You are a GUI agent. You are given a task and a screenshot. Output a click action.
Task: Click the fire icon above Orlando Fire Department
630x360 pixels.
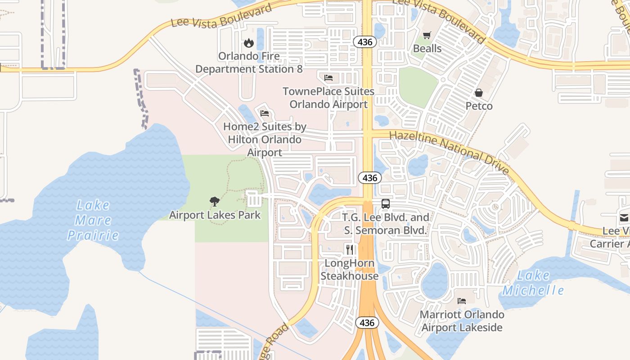pyautogui.click(x=248, y=43)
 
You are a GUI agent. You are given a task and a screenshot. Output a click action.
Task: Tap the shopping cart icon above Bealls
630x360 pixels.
pyautogui.click(x=427, y=35)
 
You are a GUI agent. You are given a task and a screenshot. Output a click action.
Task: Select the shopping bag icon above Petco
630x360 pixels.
pyautogui.click(x=479, y=93)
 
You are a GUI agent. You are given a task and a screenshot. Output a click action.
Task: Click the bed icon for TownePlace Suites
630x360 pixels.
pyautogui.click(x=328, y=78)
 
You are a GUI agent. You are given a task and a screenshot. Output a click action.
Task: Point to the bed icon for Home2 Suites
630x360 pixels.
pyautogui.click(x=265, y=113)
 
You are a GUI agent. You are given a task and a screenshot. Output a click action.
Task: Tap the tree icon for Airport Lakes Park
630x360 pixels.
pyautogui.click(x=215, y=202)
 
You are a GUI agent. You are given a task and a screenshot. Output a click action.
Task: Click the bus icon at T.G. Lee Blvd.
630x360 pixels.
pyautogui.click(x=386, y=203)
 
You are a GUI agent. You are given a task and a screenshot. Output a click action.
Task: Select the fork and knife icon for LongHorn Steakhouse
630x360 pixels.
pyautogui.click(x=349, y=249)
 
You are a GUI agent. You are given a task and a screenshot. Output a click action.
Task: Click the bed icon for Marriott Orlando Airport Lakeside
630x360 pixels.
pyautogui.click(x=462, y=301)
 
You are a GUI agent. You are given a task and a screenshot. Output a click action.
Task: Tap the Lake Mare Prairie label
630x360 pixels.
pyautogui.click(x=93, y=220)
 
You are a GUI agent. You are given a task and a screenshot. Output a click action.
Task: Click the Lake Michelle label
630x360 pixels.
pyautogui.click(x=533, y=283)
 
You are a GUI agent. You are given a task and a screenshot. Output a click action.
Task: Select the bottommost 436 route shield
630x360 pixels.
pyautogui.click(x=367, y=323)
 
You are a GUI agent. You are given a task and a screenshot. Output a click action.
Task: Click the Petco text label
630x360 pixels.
pyautogui.click(x=479, y=106)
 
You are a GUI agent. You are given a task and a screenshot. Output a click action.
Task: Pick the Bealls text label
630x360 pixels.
pyautogui.click(x=427, y=49)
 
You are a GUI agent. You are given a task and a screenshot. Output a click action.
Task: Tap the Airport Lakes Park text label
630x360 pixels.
pyautogui.click(x=215, y=215)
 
